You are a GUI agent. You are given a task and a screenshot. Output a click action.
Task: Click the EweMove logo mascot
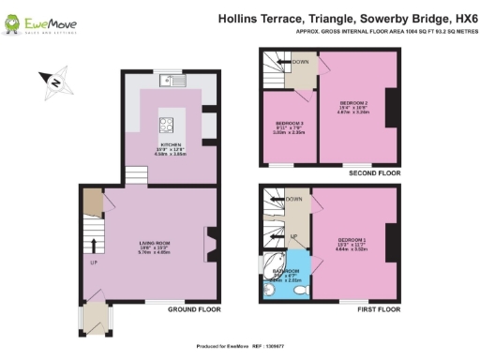[x=15, y=19]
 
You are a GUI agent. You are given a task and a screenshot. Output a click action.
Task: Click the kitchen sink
[x=177, y=82]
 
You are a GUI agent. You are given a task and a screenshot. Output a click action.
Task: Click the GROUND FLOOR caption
[x=194, y=309]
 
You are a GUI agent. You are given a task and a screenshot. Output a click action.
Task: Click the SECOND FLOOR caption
[x=374, y=173]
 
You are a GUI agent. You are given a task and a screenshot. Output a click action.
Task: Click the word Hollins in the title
[x=238, y=17]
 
